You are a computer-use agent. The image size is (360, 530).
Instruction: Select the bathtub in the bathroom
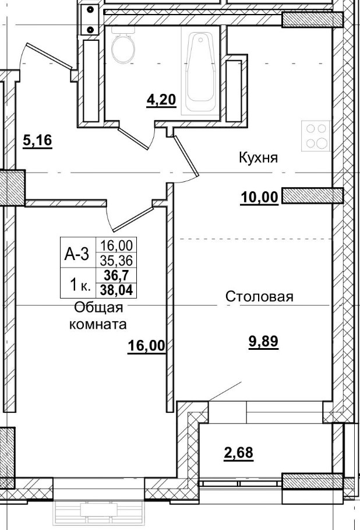point(200,73)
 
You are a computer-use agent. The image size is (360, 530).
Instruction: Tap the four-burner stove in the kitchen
point(315,136)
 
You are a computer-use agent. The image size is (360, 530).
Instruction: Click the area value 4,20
point(160,100)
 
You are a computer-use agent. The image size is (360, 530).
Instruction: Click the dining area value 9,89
point(263,342)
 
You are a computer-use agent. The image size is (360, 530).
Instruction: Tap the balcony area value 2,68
point(239,452)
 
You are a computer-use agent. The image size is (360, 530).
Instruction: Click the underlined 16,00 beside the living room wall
point(146,346)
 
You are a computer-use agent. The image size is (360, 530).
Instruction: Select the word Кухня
point(257,157)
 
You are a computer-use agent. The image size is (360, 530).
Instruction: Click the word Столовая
point(259,297)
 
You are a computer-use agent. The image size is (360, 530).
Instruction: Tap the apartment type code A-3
point(76,254)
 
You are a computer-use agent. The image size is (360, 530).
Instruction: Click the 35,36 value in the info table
point(117,260)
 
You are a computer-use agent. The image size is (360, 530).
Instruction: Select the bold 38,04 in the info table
point(117,286)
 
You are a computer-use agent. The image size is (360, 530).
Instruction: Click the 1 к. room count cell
point(79,285)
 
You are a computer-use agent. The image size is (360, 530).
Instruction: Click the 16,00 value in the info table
point(117,246)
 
